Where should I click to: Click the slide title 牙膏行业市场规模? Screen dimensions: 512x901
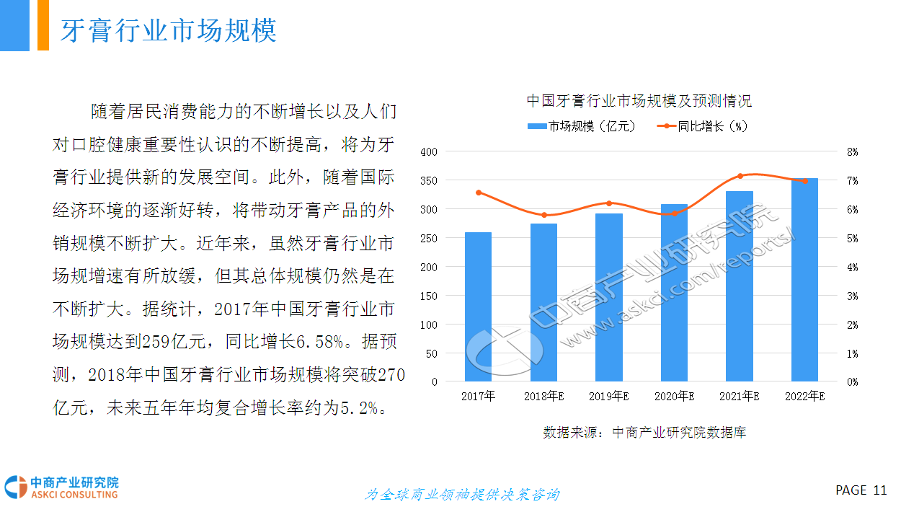click(168, 31)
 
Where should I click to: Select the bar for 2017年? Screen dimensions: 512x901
click(478, 306)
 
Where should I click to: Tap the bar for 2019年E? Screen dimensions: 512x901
click(609, 297)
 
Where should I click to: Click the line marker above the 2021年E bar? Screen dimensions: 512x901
click(740, 176)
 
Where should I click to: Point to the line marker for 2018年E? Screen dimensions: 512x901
click(543, 215)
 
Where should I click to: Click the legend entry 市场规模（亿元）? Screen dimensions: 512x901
click(583, 126)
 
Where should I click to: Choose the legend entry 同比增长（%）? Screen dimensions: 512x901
click(704, 126)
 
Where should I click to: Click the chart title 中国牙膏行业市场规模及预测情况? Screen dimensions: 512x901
click(639, 101)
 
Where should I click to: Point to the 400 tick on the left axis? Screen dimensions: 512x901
click(429, 152)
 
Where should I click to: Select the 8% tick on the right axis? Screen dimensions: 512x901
click(852, 152)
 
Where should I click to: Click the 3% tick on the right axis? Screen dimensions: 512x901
click(852, 296)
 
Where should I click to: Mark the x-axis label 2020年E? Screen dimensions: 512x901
click(674, 396)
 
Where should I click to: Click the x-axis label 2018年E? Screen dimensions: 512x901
click(543, 396)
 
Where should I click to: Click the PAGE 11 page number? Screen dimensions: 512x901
click(861, 490)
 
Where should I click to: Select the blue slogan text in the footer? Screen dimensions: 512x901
click(462, 495)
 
